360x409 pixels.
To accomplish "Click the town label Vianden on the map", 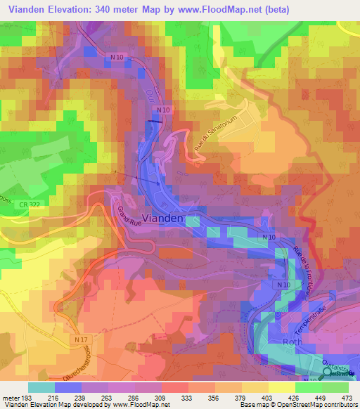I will coord(163,218).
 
